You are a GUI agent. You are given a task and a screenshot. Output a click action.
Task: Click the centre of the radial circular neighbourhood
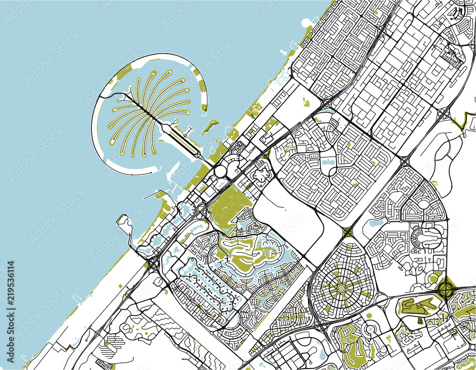coord(341,288)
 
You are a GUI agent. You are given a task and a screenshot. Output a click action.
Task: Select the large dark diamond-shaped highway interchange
coord(447,288)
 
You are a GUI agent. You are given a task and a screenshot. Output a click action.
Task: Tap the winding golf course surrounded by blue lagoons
coord(248,256)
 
